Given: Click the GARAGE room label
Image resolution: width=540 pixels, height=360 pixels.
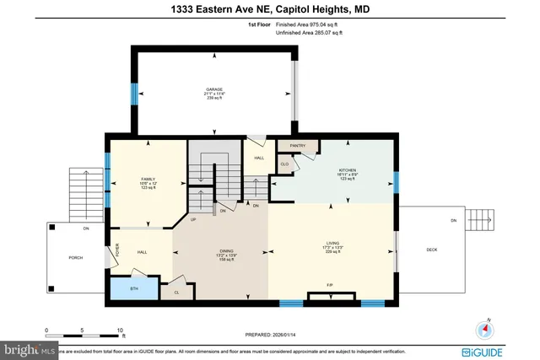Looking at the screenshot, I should pos(214,89).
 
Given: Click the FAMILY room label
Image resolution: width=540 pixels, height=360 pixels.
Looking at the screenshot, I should pos(148,179).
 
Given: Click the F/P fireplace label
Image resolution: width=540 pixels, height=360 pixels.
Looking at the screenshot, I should pos(331,285).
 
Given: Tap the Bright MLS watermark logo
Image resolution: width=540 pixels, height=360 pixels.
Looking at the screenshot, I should pos(29,347).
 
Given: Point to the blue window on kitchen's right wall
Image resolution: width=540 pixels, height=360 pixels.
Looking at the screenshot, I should pos(397,182).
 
